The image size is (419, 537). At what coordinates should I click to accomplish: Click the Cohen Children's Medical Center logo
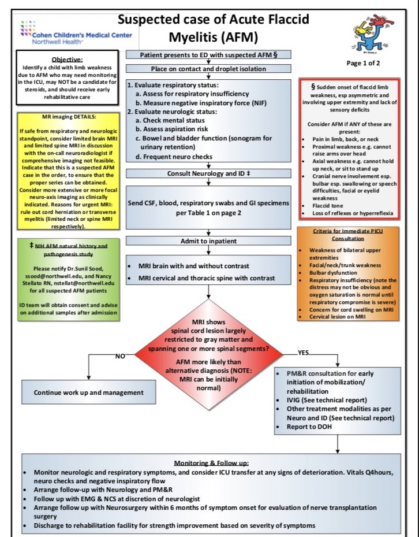(x=76, y=33)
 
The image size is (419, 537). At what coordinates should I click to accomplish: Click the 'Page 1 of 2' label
(x=363, y=63)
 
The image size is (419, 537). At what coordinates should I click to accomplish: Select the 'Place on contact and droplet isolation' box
(x=208, y=68)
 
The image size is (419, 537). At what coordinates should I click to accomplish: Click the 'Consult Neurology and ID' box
(x=208, y=173)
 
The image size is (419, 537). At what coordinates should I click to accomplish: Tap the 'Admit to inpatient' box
(x=208, y=241)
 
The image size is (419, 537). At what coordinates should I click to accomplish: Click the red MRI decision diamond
(x=209, y=354)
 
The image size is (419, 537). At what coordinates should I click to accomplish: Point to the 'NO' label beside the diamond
(x=120, y=356)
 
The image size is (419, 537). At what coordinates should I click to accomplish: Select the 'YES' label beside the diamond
(x=303, y=353)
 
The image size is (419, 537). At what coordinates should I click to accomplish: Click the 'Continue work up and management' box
(x=88, y=392)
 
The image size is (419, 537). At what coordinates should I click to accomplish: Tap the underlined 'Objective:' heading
(x=68, y=60)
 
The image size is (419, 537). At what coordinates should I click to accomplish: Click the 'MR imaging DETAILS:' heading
(x=69, y=116)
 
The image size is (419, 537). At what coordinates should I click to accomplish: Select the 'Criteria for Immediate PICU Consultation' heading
(x=348, y=235)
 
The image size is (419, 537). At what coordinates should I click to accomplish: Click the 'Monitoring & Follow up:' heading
(x=211, y=463)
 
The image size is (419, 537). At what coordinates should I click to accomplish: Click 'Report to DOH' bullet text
(x=309, y=427)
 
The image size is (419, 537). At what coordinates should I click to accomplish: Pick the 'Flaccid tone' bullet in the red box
(x=327, y=205)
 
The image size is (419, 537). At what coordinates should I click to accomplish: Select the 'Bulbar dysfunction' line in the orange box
(x=333, y=273)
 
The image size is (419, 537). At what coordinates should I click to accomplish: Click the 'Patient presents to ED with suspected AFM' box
(x=208, y=54)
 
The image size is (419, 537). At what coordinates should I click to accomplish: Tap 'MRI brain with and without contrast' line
(x=193, y=266)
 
